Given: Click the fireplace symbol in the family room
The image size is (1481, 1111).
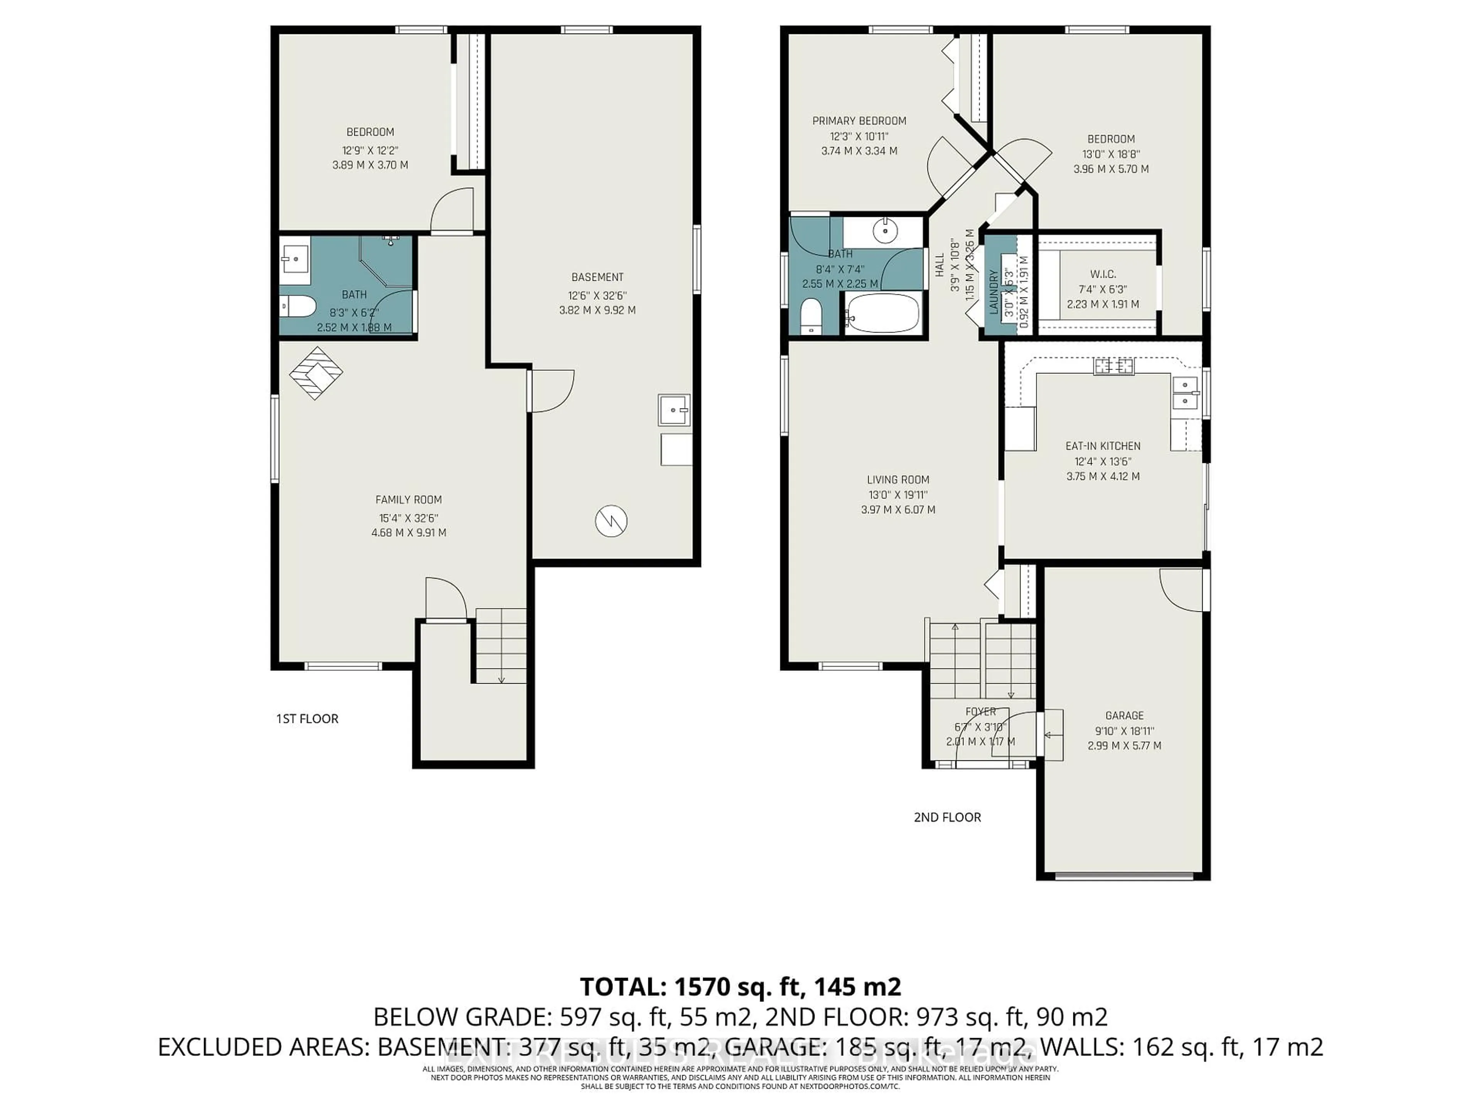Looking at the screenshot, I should pyautogui.click(x=315, y=373).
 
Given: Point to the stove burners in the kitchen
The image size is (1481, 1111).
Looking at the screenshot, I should pyautogui.click(x=1114, y=366).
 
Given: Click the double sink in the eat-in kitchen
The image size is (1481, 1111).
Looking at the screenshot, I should pyautogui.click(x=1185, y=393).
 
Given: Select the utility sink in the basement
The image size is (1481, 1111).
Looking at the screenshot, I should pyautogui.click(x=673, y=410).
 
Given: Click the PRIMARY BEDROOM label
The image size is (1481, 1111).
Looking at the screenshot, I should pyautogui.click(x=859, y=120).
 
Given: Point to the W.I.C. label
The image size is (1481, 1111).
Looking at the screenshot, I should pyautogui.click(x=1103, y=274).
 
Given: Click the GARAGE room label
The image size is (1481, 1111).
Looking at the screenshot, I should pyautogui.click(x=1124, y=715).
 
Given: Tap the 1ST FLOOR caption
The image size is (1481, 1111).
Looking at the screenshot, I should pyautogui.click(x=307, y=719).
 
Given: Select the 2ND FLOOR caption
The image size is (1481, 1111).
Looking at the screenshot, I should pyautogui.click(x=947, y=817).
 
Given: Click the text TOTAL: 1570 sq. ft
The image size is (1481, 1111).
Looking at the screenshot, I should pyautogui.click(x=740, y=986).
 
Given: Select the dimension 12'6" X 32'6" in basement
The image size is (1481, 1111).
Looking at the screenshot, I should pyautogui.click(x=597, y=295).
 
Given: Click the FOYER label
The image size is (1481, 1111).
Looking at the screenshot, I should pyautogui.click(x=981, y=711).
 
